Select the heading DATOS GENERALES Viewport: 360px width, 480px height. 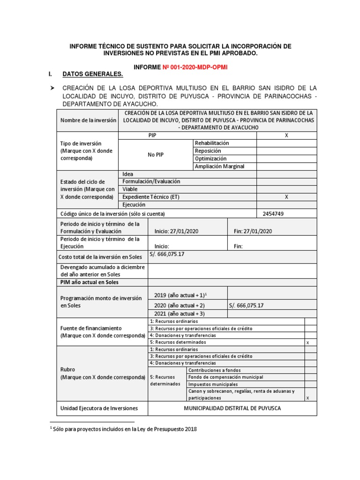click(x=93, y=75)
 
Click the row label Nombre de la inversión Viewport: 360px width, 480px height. click(x=88, y=120)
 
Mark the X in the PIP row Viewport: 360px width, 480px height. click(x=286, y=135)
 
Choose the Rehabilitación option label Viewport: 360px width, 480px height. click(x=212, y=143)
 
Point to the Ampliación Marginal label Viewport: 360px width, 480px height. click(x=219, y=166)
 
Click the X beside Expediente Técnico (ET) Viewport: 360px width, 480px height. click(x=286, y=197)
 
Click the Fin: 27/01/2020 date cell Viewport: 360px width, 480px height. click(x=253, y=231)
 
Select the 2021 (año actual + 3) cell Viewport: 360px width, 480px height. click(x=180, y=313)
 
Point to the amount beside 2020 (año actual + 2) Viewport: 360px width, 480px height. click(x=247, y=305)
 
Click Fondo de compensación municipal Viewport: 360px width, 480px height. click(x=225, y=377)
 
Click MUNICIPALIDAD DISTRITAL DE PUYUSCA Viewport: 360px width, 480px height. click(x=232, y=408)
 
